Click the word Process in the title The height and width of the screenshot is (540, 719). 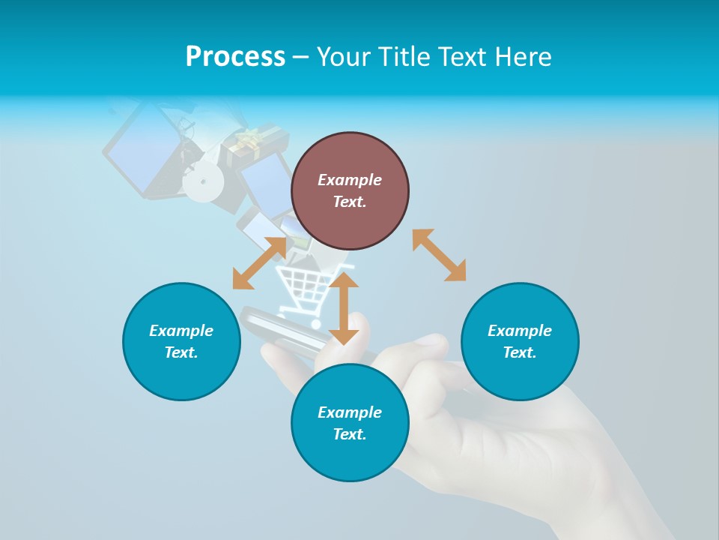point(235,57)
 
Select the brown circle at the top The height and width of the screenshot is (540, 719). point(350,191)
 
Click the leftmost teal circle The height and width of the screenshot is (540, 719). point(181,341)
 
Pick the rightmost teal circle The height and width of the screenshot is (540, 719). point(520,341)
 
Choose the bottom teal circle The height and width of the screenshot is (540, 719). point(350,423)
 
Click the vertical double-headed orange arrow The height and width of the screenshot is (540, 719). point(344,308)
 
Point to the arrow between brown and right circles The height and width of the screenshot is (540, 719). point(439,255)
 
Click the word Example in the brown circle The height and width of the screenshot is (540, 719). point(350,180)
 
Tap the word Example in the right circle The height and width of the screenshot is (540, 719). point(520,331)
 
